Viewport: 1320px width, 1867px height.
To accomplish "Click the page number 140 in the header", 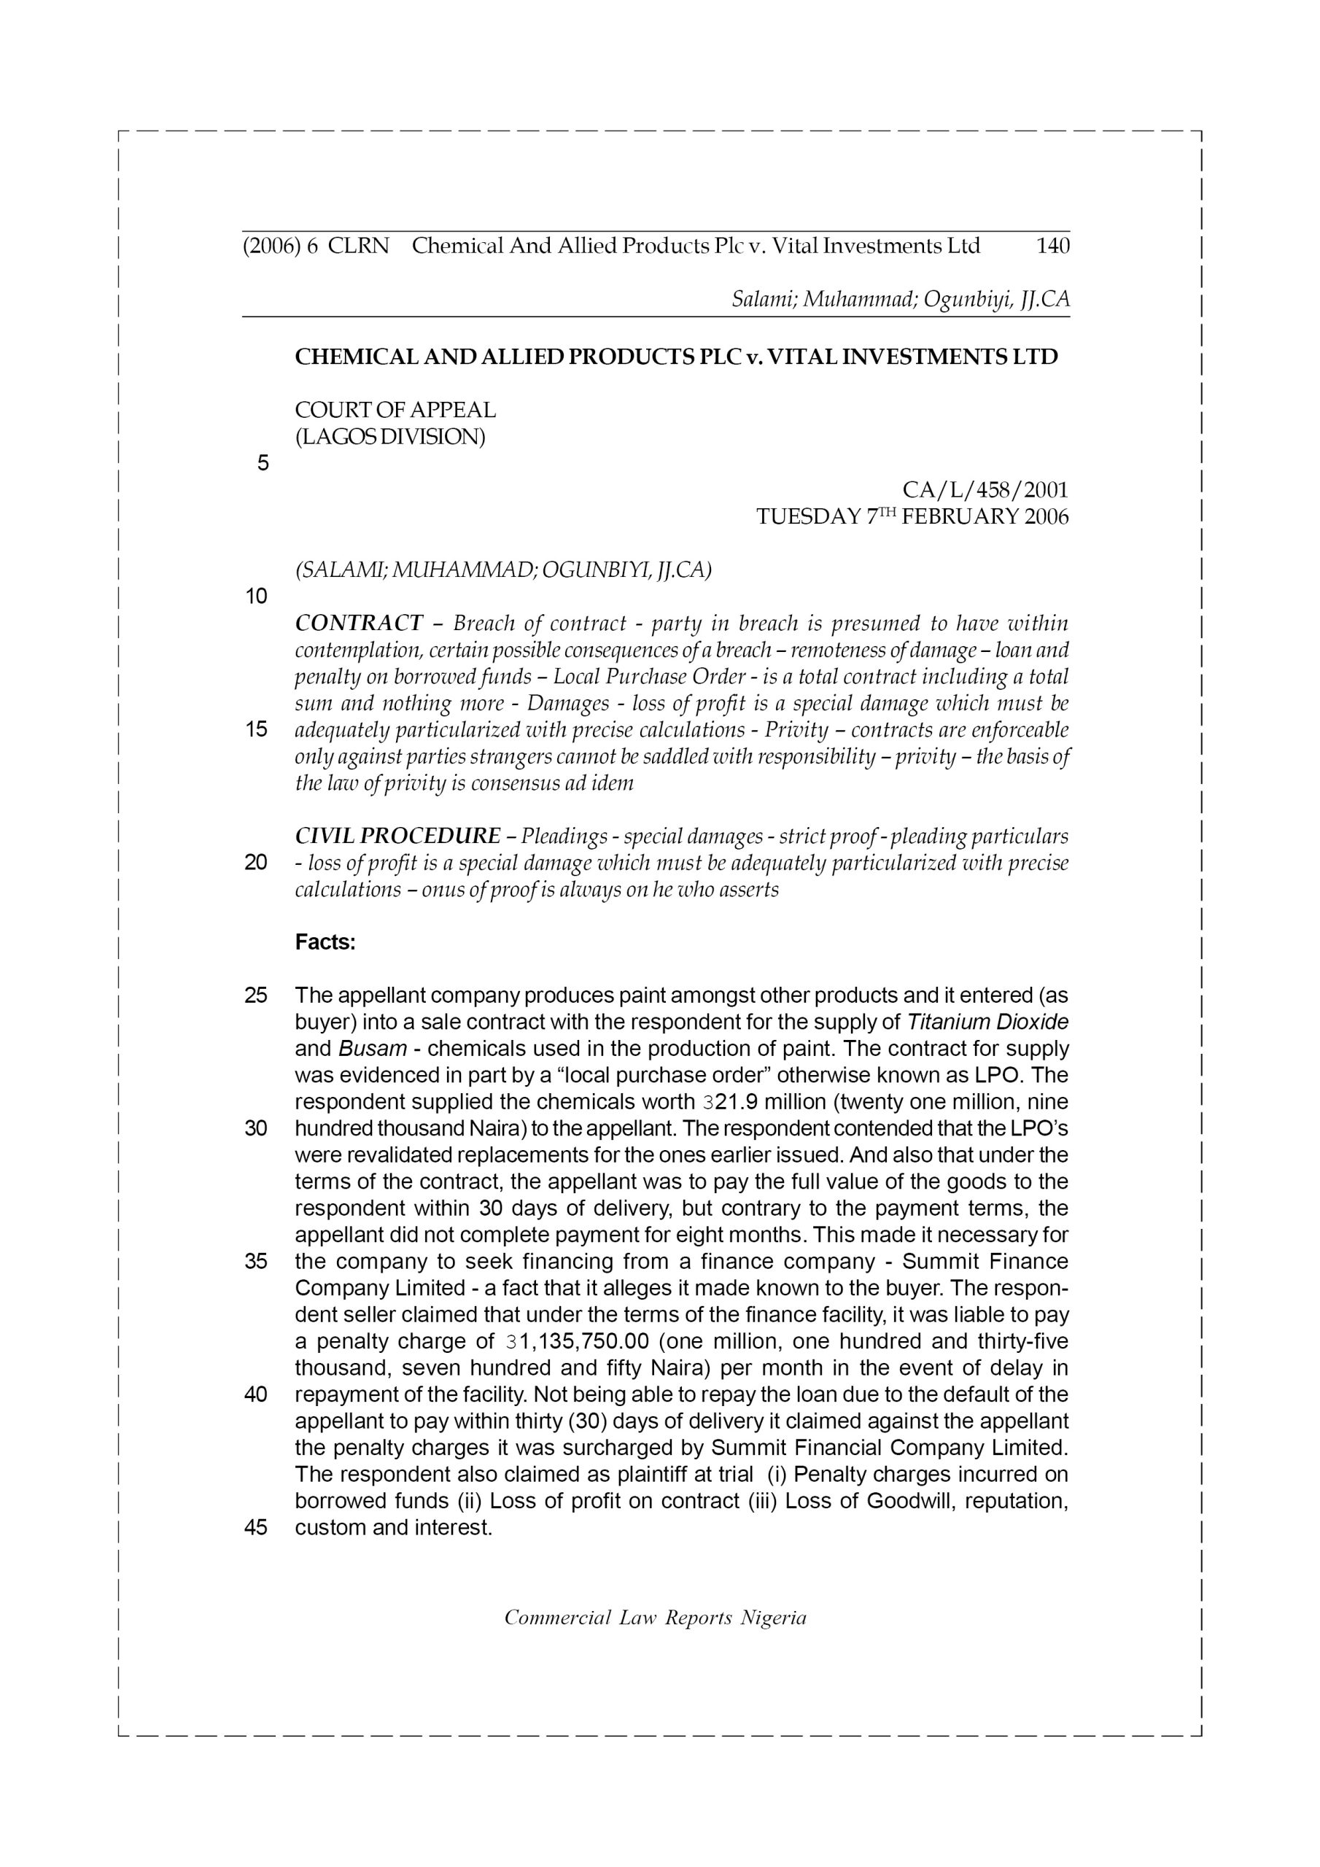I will [x=1052, y=246].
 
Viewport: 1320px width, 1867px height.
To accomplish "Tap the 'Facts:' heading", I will [x=325, y=942].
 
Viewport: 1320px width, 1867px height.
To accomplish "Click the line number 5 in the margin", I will [x=263, y=464].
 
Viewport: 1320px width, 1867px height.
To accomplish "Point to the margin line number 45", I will [x=255, y=1527].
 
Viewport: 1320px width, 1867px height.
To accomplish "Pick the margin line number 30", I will [x=255, y=1129].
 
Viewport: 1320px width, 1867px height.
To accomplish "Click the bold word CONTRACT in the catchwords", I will [x=359, y=624].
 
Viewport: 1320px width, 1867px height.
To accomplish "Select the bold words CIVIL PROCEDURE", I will [x=397, y=836].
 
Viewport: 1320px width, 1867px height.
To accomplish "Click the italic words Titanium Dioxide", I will [x=987, y=1022].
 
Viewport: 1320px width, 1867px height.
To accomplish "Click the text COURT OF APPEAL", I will [x=395, y=410].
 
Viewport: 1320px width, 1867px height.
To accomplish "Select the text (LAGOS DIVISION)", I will [x=389, y=437].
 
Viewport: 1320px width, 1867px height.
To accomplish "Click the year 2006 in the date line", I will [x=1047, y=517].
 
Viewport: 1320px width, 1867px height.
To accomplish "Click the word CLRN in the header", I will [x=359, y=246].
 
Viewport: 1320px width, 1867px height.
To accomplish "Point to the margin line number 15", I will [x=255, y=729].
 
